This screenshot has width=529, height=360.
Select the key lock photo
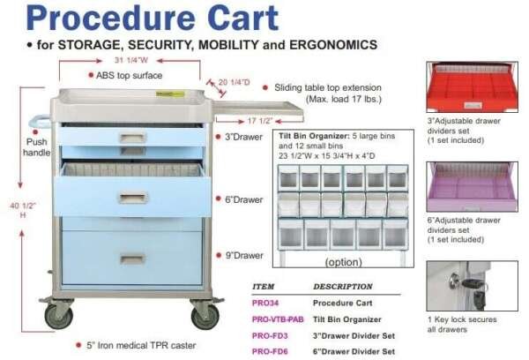(468, 284)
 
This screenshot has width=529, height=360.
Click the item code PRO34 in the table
(266, 304)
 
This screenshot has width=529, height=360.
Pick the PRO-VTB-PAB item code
(279, 319)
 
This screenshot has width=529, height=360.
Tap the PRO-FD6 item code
(271, 351)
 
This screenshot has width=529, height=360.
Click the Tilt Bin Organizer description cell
(351, 319)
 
